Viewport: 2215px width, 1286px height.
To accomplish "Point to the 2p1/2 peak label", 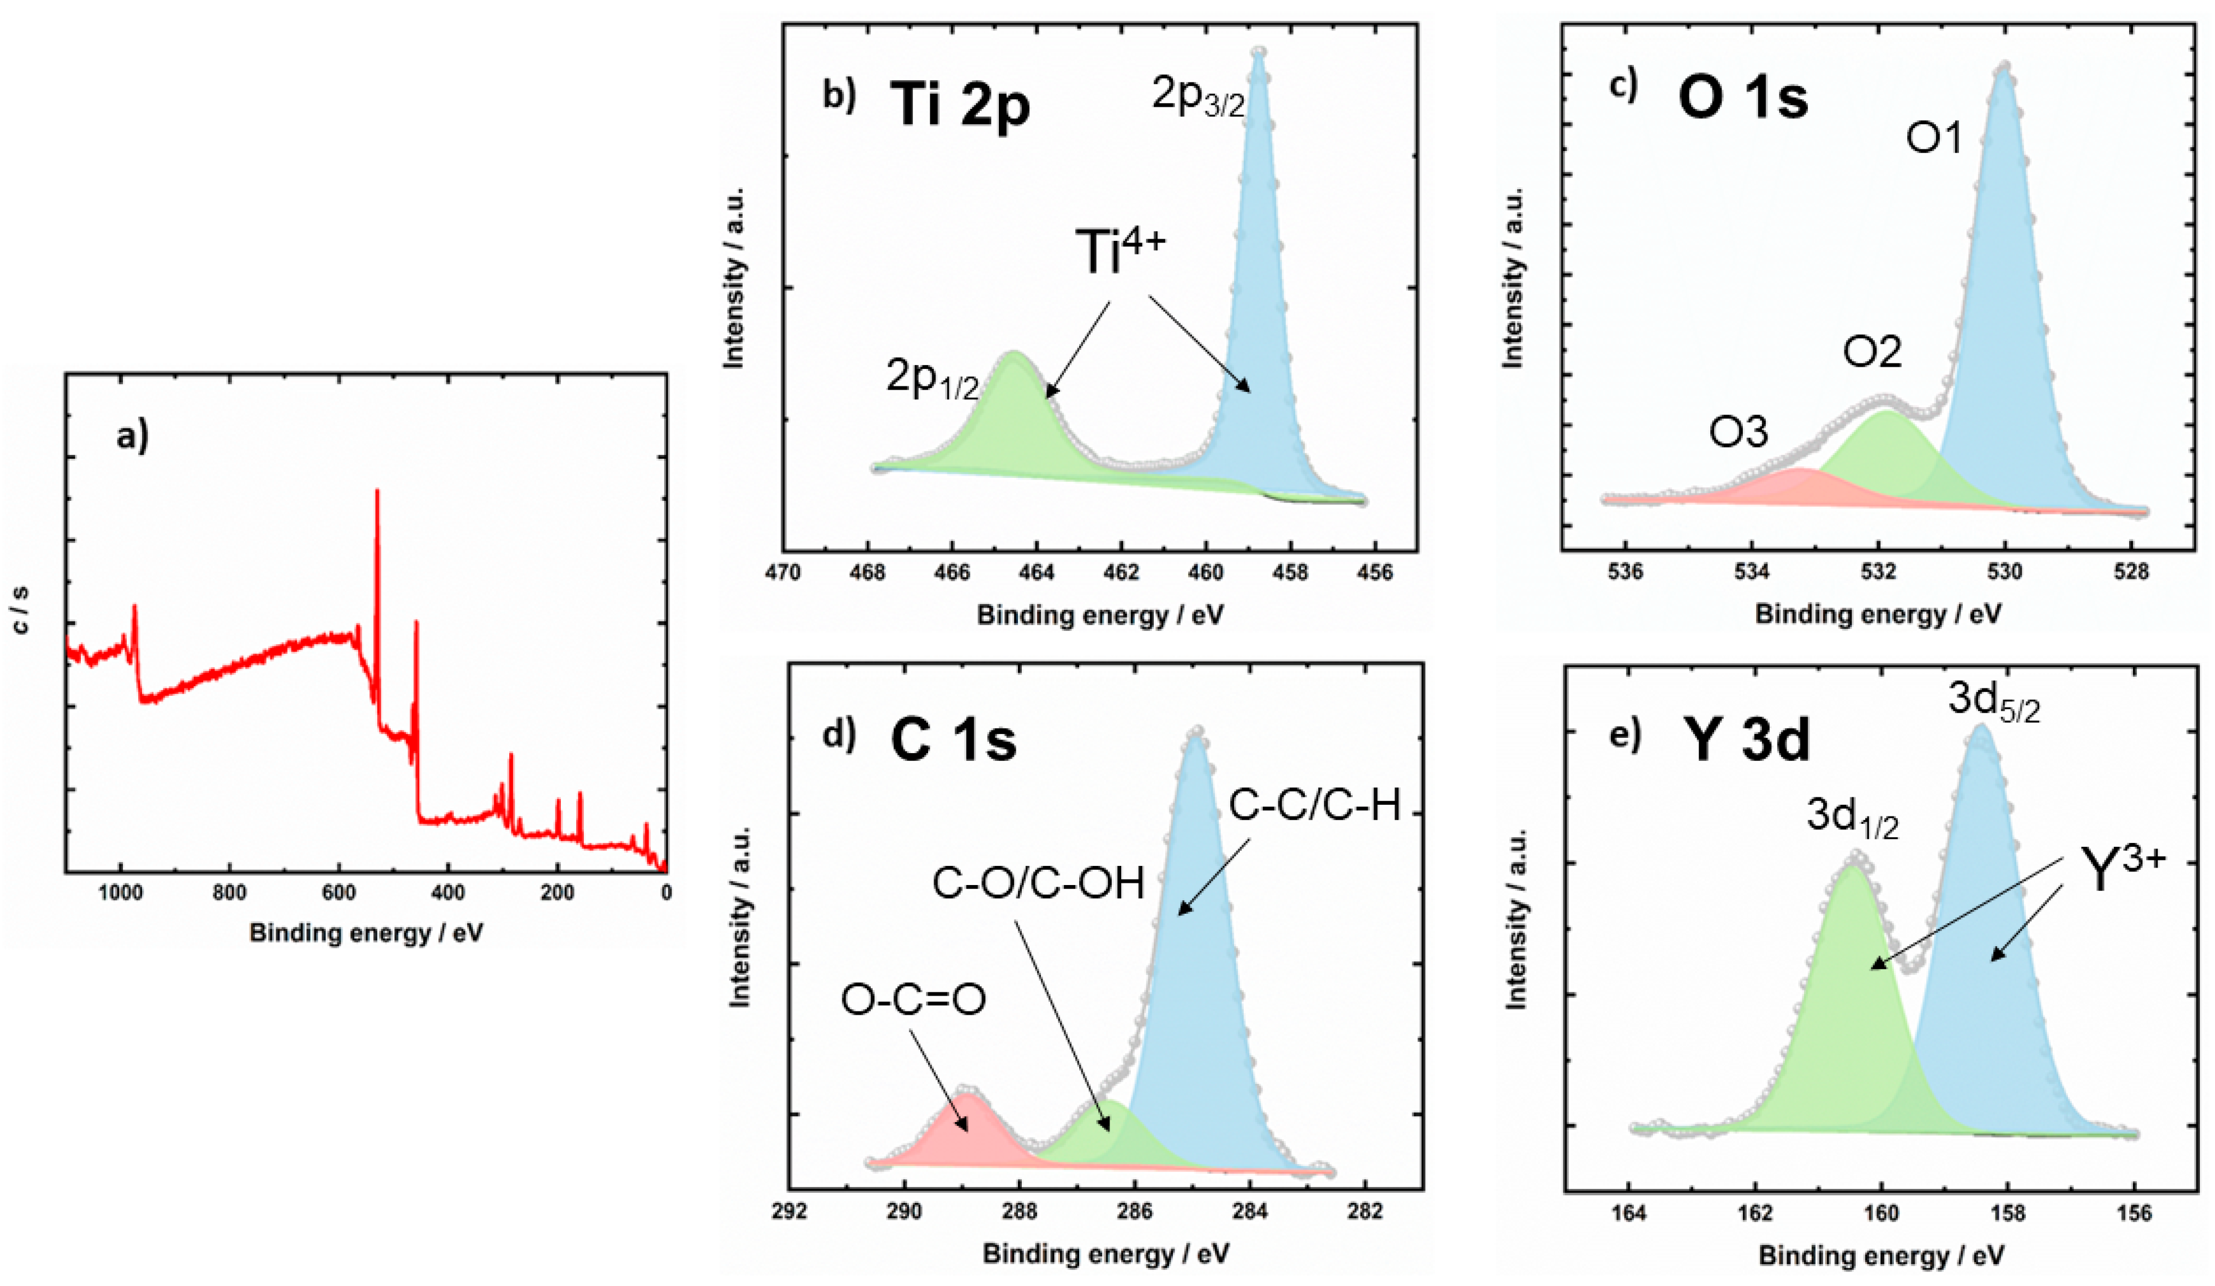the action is [x=931, y=379].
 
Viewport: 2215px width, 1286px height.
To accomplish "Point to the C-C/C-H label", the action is [x=1314, y=805].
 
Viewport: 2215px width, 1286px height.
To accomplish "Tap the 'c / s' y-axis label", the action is [x=21, y=609].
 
